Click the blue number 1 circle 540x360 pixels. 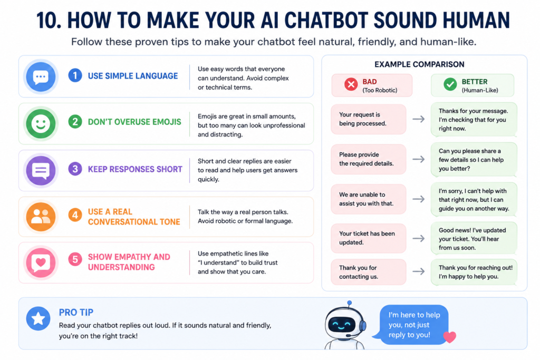click(x=75, y=75)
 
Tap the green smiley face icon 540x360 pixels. click(x=41, y=123)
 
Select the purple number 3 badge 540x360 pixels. click(x=75, y=169)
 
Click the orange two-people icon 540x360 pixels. click(x=41, y=217)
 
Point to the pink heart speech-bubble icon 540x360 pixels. click(x=41, y=262)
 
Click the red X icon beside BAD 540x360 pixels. click(x=351, y=84)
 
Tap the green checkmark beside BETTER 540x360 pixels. click(x=450, y=84)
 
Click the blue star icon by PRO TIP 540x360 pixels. click(x=38, y=319)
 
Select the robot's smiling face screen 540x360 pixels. click(x=342, y=325)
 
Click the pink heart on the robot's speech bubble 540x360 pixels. click(x=449, y=337)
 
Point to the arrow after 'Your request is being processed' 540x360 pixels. click(x=418, y=119)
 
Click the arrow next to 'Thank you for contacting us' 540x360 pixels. click(x=418, y=271)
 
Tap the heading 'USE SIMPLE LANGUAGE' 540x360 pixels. click(x=133, y=76)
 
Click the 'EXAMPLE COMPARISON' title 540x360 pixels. click(x=419, y=64)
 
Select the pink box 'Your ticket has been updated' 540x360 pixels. click(x=369, y=238)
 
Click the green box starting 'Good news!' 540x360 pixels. click(x=474, y=239)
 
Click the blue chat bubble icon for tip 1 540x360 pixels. click(x=41, y=77)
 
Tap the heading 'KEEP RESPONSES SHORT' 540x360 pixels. click(x=135, y=169)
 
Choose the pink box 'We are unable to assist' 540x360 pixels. click(x=369, y=199)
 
